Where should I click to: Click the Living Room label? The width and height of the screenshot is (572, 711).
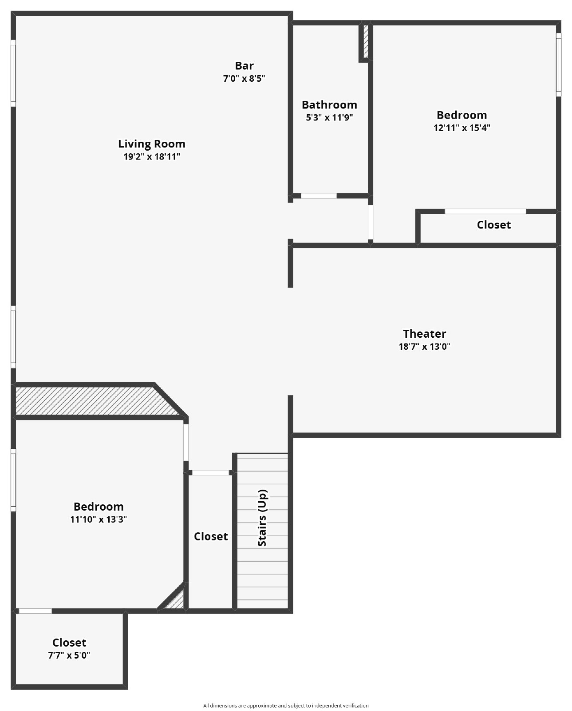click(x=151, y=144)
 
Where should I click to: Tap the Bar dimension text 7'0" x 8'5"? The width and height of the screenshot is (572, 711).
click(x=244, y=79)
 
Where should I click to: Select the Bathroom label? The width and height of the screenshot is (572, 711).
click(x=329, y=105)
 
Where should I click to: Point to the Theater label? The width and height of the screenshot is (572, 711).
click(x=424, y=334)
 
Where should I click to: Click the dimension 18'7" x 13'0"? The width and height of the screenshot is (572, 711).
click(x=424, y=347)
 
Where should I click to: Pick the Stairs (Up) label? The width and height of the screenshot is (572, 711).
click(x=262, y=518)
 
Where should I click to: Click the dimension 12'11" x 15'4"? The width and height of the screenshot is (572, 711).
click(x=462, y=128)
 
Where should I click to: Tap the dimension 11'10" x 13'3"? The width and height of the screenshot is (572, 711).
click(x=99, y=519)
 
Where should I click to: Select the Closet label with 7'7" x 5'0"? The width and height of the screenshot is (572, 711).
click(x=69, y=643)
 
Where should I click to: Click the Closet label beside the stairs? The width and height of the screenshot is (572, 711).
click(x=211, y=536)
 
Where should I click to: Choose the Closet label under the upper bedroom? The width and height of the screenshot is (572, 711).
click(x=493, y=225)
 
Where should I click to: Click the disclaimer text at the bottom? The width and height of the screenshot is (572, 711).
click(x=286, y=705)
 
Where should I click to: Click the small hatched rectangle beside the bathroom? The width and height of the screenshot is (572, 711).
click(x=366, y=42)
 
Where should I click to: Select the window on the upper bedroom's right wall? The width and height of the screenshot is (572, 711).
click(x=558, y=64)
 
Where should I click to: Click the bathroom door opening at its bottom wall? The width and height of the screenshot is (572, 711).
click(x=319, y=196)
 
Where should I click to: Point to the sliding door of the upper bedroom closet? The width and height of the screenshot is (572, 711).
click(x=485, y=212)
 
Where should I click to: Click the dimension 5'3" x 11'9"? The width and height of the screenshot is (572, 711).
click(x=329, y=118)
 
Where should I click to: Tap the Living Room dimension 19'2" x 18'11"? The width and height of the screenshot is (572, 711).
click(x=151, y=157)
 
